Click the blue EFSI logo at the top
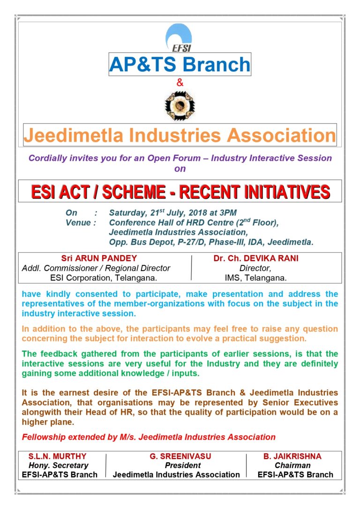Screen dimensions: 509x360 (x=180, y=38)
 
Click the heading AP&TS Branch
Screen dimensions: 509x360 (x=180, y=64)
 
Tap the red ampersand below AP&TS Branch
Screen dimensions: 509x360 (x=180, y=83)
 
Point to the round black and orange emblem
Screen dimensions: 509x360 (x=180, y=105)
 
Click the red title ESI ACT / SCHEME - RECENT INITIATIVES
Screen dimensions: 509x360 (x=180, y=191)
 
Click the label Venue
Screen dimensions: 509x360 (x=78, y=222)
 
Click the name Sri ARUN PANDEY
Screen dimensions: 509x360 (x=99, y=258)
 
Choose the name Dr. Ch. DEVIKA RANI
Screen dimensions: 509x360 (x=255, y=258)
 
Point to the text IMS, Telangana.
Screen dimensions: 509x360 (x=255, y=278)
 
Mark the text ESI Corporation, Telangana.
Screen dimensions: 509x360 (x=103, y=278)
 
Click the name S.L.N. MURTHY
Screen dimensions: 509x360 (x=58, y=456)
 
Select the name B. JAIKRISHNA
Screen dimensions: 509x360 (x=292, y=456)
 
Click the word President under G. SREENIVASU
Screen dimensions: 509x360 (x=176, y=465)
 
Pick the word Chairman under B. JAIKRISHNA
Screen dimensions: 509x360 (x=292, y=465)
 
